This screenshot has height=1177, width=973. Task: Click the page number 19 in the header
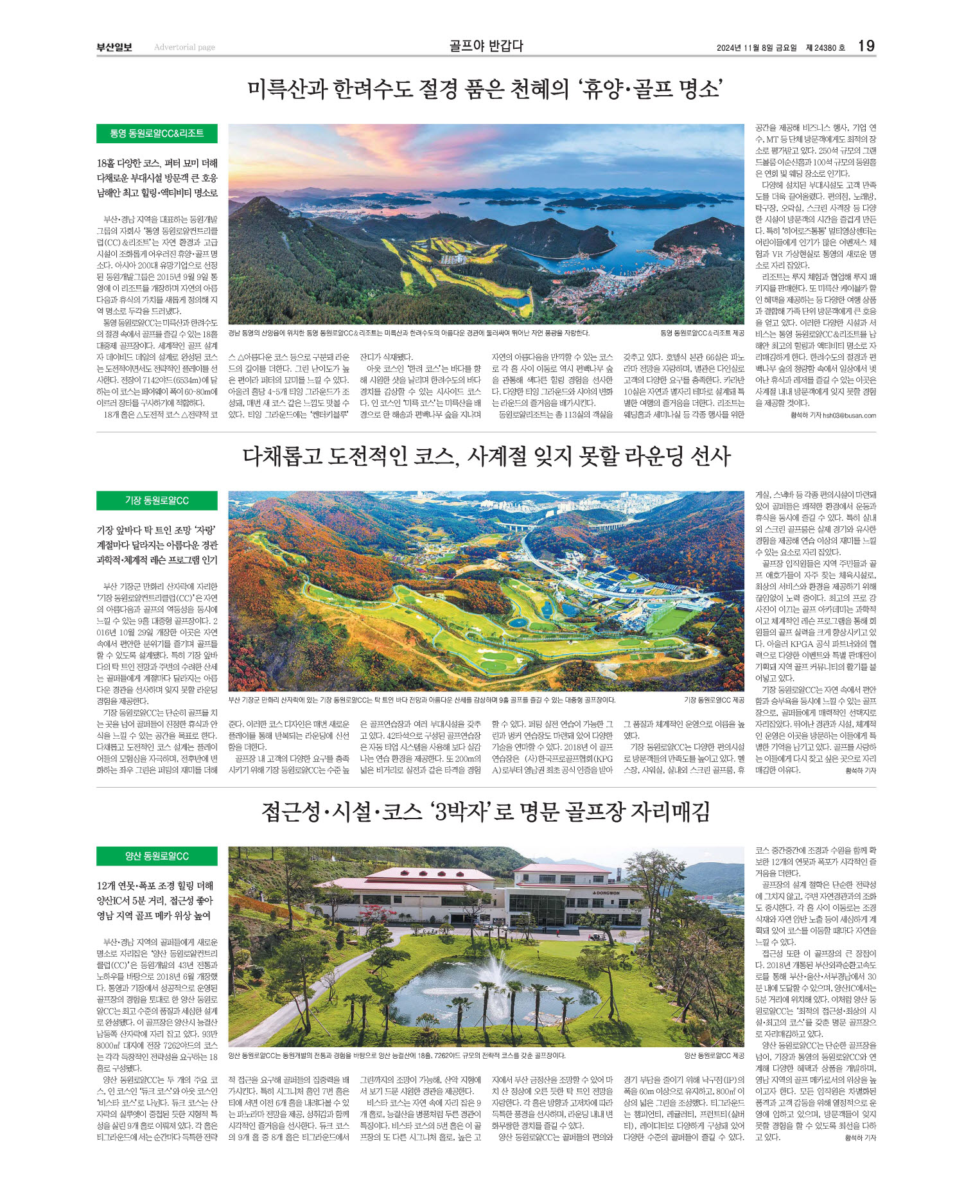(x=866, y=46)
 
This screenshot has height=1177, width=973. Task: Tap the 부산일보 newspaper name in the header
(x=114, y=47)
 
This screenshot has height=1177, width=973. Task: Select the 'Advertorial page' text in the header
(x=184, y=47)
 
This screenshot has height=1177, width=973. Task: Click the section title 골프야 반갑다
(x=486, y=46)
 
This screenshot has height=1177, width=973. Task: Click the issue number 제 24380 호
(x=825, y=48)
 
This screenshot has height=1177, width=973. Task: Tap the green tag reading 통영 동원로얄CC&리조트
(x=157, y=134)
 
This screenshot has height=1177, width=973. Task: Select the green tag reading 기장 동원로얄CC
(x=157, y=500)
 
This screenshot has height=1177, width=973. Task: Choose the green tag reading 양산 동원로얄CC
(x=157, y=856)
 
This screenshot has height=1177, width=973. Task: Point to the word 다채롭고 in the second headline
(x=281, y=457)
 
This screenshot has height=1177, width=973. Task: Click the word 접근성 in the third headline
(x=290, y=812)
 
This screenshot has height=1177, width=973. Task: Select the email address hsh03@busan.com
(x=849, y=415)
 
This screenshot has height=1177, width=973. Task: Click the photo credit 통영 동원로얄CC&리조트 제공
(x=702, y=333)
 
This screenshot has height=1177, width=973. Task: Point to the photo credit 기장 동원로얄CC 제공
(x=714, y=700)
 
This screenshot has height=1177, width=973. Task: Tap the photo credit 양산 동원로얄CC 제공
(x=714, y=1056)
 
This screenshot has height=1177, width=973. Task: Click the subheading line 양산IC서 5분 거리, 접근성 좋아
(x=154, y=901)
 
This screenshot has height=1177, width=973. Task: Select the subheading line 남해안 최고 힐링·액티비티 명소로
(x=157, y=193)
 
